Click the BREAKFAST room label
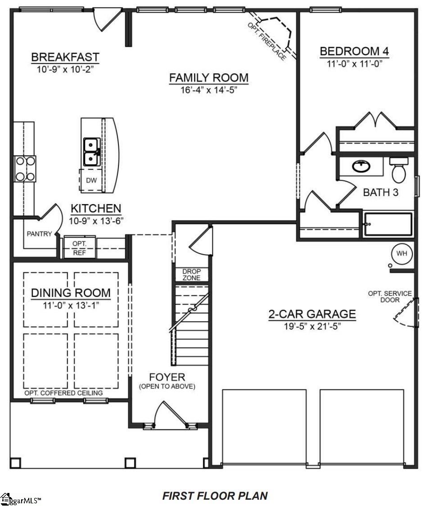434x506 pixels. (65, 58)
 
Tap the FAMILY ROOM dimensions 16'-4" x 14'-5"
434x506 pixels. (208, 90)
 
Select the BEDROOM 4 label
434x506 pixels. (354, 51)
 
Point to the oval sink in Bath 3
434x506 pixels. (361, 167)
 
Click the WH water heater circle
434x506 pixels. (402, 253)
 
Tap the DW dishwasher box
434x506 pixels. (91, 181)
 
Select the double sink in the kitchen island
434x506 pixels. (91, 152)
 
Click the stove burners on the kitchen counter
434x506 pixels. (25, 169)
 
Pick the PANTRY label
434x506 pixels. (39, 234)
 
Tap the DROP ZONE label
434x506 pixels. (191, 275)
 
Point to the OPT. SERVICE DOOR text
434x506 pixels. (389, 296)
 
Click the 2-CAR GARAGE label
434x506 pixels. (312, 314)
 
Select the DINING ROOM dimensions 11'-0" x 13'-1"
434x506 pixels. (71, 305)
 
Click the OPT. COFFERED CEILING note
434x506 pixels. (63, 393)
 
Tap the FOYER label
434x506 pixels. (167, 377)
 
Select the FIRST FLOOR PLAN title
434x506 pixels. (215, 496)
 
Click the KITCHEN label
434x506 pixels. (96, 209)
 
